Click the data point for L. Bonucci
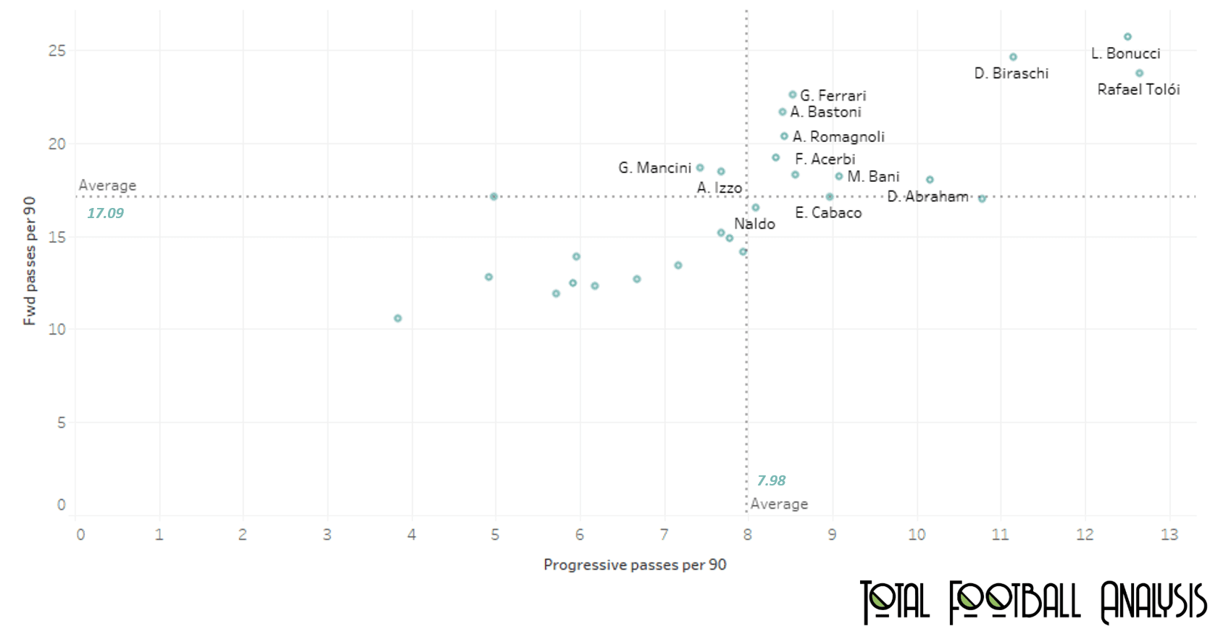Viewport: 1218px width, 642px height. pyautogui.click(x=1127, y=37)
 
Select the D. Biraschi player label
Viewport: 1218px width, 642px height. pyautogui.click(x=1011, y=73)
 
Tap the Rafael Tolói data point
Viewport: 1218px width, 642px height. pyautogui.click(x=1139, y=73)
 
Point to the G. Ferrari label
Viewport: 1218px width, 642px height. pyautogui.click(x=833, y=96)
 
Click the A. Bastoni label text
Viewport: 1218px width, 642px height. pyautogui.click(x=825, y=112)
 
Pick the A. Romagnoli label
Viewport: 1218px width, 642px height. pyautogui.click(x=838, y=137)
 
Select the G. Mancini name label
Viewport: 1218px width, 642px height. pyautogui.click(x=654, y=168)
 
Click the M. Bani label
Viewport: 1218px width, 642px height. pyautogui.click(x=873, y=177)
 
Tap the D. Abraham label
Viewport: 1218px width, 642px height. pyautogui.click(x=927, y=196)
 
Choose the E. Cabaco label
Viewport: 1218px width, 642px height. pyautogui.click(x=828, y=213)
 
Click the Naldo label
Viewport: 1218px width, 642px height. pyautogui.click(x=754, y=224)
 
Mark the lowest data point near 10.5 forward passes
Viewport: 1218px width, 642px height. pyautogui.click(x=398, y=318)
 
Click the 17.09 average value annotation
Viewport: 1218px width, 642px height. pyautogui.click(x=105, y=213)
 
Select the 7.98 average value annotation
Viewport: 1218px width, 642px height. pyautogui.click(x=771, y=480)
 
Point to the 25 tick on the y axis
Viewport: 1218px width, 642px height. pyautogui.click(x=57, y=51)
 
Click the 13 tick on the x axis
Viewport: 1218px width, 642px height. pyautogui.click(x=1169, y=535)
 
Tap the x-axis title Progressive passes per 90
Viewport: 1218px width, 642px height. pyautogui.click(x=635, y=565)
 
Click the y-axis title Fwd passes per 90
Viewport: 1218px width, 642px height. pyautogui.click(x=30, y=261)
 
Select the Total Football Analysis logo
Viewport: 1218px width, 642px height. pyautogui.click(x=1033, y=601)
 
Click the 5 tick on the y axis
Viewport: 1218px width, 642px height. pyautogui.click(x=62, y=422)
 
